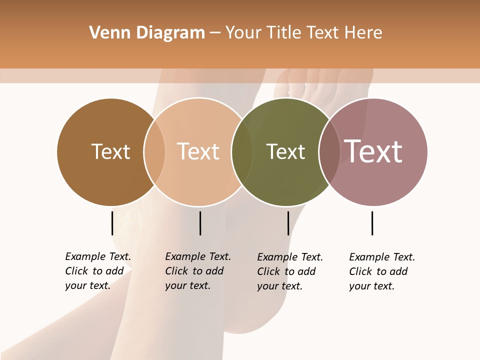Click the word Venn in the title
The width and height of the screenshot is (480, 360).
pyautogui.click(x=106, y=33)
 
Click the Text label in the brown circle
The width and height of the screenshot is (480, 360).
pyautogui.click(x=110, y=151)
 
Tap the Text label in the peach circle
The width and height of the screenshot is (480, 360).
pyautogui.click(x=198, y=151)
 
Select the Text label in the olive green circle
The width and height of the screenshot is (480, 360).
pyautogui.click(x=285, y=151)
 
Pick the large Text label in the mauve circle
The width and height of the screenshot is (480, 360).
pyautogui.click(x=373, y=151)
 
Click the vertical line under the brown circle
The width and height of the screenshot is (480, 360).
pyautogui.click(x=112, y=223)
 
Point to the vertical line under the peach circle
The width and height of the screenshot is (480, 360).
pyautogui.click(x=200, y=223)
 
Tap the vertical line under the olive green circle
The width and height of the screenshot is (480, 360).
pyautogui.click(x=288, y=223)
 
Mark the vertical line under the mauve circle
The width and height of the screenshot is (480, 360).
pyautogui.click(x=372, y=223)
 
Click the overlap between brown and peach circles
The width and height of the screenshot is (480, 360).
pyautogui.click(x=154, y=152)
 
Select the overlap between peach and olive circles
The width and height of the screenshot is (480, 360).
pyautogui.click(x=242, y=152)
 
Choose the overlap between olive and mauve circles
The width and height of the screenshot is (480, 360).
pyautogui.click(x=329, y=152)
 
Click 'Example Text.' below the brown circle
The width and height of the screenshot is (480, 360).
pyautogui.click(x=98, y=256)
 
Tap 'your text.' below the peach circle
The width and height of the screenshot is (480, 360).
pyautogui.click(x=187, y=285)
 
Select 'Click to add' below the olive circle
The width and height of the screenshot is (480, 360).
pyautogui.click(x=286, y=271)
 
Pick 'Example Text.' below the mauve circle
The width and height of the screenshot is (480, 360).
pyautogui.click(x=382, y=257)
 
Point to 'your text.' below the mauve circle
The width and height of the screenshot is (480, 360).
pyautogui.click(x=371, y=286)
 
